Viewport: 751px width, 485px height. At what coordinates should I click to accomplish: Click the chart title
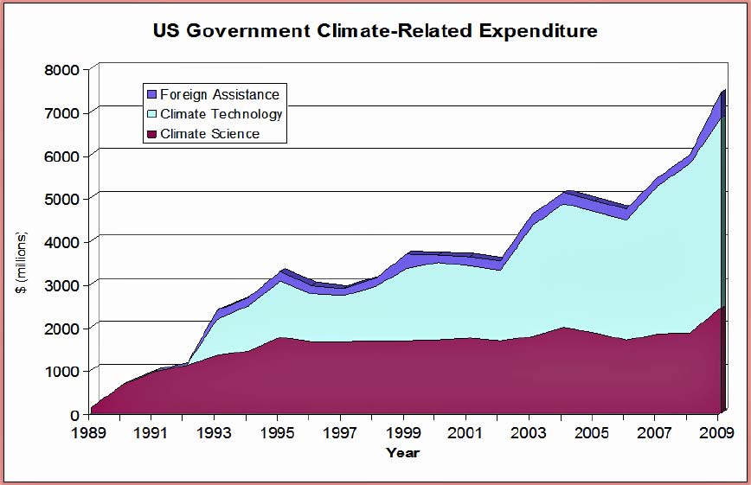[x=375, y=31]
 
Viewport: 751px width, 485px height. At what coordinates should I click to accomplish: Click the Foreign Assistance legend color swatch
[x=151, y=94]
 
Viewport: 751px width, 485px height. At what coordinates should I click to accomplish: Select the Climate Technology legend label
[x=221, y=114]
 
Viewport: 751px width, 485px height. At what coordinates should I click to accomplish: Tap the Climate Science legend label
[x=210, y=134]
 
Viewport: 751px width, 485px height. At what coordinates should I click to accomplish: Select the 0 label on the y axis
[x=74, y=414]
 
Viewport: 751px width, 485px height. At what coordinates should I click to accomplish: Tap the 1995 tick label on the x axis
[x=278, y=431]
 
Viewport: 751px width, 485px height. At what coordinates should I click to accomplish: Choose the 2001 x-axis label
[x=468, y=431]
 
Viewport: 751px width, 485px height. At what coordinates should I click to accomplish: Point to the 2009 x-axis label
[x=717, y=431]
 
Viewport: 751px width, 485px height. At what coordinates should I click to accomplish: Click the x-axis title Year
[x=403, y=451]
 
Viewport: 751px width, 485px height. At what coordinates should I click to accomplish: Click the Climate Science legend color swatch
[x=151, y=134]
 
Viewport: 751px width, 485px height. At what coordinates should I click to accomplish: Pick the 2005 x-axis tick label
[x=592, y=431]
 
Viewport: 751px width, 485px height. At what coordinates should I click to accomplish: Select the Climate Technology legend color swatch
[x=151, y=114]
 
